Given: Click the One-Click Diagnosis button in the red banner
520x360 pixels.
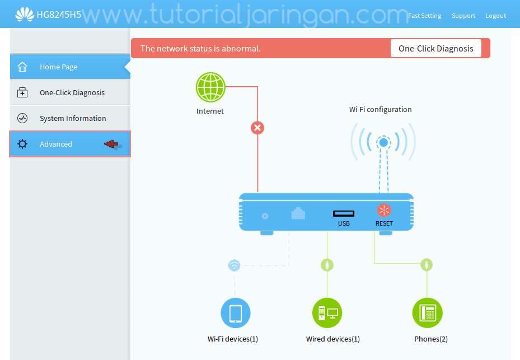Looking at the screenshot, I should coord(435,49).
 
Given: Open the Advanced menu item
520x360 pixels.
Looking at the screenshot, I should coord(56,144).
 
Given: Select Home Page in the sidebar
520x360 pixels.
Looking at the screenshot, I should coord(58,67).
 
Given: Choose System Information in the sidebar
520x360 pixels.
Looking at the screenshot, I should coord(73,119).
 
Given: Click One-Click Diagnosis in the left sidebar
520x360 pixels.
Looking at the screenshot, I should coord(72,93).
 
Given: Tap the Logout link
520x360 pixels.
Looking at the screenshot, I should coord(495,16).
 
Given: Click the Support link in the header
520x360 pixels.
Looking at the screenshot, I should coord(463,16).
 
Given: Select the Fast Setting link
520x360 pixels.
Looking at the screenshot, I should coord(424,16).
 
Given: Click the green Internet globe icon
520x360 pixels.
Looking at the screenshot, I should coord(210,87).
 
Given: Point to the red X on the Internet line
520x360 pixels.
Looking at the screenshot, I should coord(257,128).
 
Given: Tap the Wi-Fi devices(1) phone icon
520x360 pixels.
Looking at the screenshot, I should coord(235,312).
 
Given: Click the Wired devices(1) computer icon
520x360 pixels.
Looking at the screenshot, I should coord(327,312).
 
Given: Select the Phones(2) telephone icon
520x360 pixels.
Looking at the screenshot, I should coord(427,312).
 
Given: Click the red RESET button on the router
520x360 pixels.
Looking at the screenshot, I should coord(384,211).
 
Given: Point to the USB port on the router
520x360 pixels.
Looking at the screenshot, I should coord(344,213).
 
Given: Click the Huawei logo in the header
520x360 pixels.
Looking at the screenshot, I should coord(24,15).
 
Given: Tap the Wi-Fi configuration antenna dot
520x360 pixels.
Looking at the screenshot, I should coord(383,142).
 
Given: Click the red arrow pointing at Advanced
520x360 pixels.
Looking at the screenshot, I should coord(112,144).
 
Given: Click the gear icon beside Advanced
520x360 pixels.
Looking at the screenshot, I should coord(22,144).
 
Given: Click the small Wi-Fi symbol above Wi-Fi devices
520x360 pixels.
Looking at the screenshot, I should coord(235,265).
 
